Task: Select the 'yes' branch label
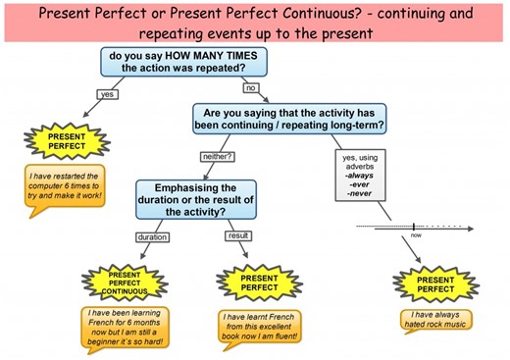pos(107,94)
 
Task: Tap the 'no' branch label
pos(250,88)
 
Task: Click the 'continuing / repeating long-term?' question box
pos(289,119)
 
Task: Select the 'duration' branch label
pos(152,236)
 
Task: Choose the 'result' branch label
pos(238,236)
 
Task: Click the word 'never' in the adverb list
pos(360,193)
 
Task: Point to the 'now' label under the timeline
pos(415,236)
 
